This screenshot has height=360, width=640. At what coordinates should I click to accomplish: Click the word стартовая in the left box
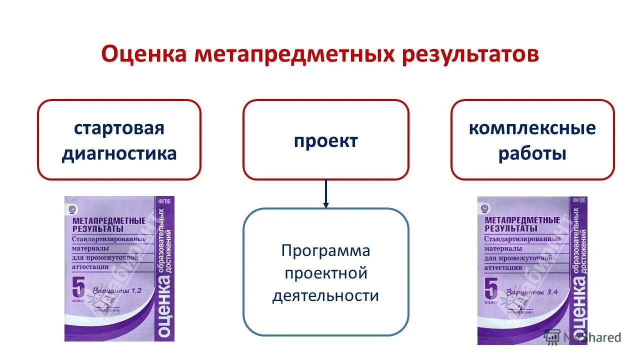coord(119,128)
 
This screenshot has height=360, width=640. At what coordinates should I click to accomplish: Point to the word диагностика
coord(119,153)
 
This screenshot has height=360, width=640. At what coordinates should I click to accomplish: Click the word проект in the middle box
coord(325,141)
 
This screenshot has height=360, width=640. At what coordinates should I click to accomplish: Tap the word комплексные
coord(532,128)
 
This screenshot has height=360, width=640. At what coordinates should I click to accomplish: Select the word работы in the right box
coord(532,153)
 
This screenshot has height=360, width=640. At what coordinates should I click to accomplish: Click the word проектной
coord(325,273)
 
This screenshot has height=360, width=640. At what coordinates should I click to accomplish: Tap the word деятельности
coord(325,296)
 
